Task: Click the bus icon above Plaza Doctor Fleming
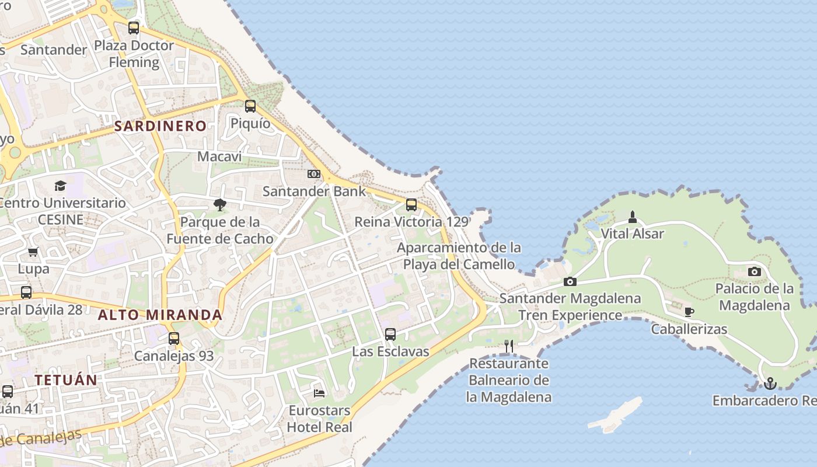(x=134, y=27)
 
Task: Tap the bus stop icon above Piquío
(x=250, y=106)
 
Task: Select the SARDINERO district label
(x=160, y=126)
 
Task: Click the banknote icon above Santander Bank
(x=314, y=174)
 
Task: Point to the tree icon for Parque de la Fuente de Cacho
(x=219, y=204)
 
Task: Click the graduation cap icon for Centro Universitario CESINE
(x=60, y=186)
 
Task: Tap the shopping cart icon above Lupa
(x=33, y=252)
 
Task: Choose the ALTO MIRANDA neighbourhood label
(x=160, y=315)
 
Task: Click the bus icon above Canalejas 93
(x=173, y=339)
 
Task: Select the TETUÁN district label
(x=65, y=380)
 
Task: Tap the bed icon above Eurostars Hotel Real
(x=319, y=393)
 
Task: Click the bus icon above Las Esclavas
(x=390, y=334)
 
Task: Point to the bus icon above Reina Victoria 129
(x=411, y=204)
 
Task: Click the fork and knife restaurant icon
(x=509, y=346)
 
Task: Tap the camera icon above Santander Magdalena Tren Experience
(x=570, y=281)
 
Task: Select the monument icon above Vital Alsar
(x=633, y=217)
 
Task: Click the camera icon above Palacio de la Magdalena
(x=755, y=271)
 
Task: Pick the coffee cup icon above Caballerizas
(x=689, y=312)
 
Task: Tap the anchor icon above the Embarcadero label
(x=770, y=384)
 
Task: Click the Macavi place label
(x=219, y=156)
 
